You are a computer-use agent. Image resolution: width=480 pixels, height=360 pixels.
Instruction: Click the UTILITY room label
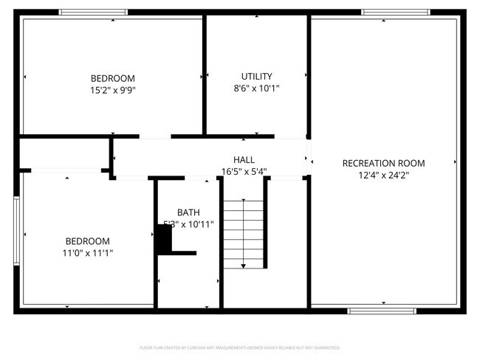[x=256, y=76]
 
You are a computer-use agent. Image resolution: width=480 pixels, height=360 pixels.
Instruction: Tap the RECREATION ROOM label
[x=383, y=163]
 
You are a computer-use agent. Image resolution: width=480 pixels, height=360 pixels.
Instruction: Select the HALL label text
[x=244, y=159]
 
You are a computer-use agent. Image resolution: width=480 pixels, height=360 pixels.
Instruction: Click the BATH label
[x=188, y=212]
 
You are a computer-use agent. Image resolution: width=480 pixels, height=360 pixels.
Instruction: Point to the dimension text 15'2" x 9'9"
[x=113, y=90]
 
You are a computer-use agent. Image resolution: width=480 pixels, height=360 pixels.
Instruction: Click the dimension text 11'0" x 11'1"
[x=88, y=253]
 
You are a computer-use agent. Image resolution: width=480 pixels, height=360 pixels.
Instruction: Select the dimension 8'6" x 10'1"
[x=256, y=88]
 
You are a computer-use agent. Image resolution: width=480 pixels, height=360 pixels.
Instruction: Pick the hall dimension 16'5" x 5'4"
[x=244, y=171]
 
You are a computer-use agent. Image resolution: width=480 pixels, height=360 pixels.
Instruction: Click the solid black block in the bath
[x=162, y=240]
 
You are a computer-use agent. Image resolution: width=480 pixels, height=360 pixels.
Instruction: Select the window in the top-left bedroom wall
[x=92, y=12]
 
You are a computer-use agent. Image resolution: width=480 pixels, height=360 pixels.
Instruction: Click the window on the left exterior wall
[x=17, y=229]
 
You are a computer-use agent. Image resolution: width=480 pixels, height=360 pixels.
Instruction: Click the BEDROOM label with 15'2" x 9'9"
[x=113, y=78]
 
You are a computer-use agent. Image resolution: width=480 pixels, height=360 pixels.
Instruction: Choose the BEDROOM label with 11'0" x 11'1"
[x=88, y=241]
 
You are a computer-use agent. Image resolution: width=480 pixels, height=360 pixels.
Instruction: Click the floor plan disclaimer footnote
[x=240, y=347]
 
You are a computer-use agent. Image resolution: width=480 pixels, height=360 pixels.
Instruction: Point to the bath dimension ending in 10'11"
[x=189, y=224]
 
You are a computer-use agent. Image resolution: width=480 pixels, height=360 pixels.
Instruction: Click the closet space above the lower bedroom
[x=64, y=153]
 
